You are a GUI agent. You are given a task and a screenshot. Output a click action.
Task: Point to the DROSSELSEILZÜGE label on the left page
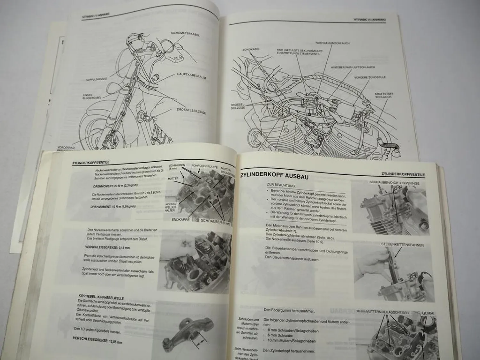click(191, 112)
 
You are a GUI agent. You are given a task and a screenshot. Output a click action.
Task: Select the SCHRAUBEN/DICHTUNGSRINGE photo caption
click(394, 183)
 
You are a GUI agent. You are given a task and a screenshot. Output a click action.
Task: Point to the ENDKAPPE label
click(180, 220)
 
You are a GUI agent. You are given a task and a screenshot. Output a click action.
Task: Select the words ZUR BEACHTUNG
click(281, 185)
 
